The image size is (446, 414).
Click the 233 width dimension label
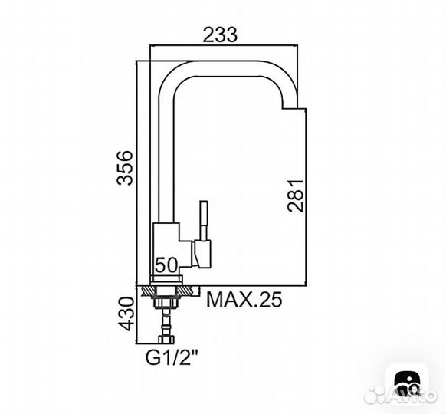point(220,34)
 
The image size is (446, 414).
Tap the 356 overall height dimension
point(125,168)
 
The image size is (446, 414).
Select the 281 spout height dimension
point(296,195)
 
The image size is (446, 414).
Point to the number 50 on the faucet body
point(166,265)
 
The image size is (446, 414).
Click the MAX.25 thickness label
point(244,299)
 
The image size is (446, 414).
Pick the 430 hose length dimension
point(126,314)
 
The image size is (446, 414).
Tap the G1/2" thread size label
point(172,358)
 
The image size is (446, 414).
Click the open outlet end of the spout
point(290,108)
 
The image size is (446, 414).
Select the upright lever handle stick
point(204,221)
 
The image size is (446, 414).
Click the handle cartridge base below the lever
point(202,254)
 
